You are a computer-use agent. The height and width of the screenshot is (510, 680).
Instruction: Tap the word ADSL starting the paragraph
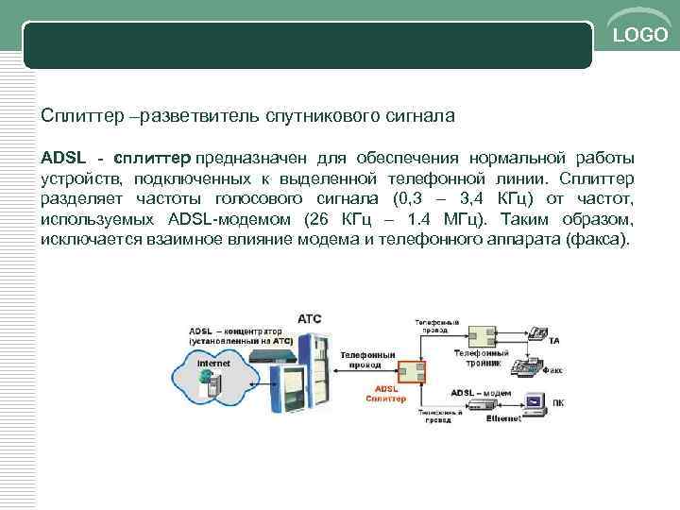coord(61,156)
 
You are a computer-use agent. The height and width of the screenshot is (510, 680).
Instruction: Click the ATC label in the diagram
coord(310,318)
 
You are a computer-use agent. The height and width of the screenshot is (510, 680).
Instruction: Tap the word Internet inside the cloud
coord(213,363)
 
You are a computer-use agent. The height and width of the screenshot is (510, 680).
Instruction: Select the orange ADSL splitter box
coord(411,370)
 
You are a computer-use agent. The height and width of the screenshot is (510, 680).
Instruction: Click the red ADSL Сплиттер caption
coord(386,394)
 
